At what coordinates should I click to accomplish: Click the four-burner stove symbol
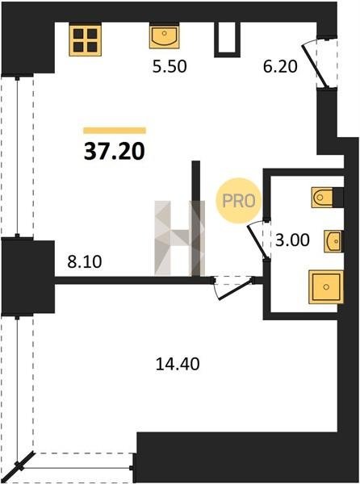pyautogui.click(x=86, y=40)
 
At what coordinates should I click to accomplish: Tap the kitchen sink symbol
pyautogui.click(x=164, y=37)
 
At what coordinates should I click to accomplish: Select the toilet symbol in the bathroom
pyautogui.click(x=323, y=198)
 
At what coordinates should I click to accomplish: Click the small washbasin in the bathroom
pyautogui.click(x=333, y=241)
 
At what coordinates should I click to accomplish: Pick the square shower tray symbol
pyautogui.click(x=326, y=286)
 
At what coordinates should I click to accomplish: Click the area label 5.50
pyautogui.click(x=170, y=66)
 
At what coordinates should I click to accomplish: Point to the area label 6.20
pyautogui.click(x=280, y=66)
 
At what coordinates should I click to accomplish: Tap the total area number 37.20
pyautogui.click(x=115, y=152)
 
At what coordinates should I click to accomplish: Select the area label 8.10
pyautogui.click(x=85, y=262)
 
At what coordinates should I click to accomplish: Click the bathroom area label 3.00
pyautogui.click(x=292, y=240)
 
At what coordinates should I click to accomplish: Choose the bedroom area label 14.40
pyautogui.click(x=178, y=364)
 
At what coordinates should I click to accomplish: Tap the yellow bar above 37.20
pyautogui.click(x=115, y=131)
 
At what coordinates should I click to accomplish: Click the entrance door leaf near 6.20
pyautogui.click(x=313, y=65)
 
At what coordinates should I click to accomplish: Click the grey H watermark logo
pyautogui.click(x=180, y=237)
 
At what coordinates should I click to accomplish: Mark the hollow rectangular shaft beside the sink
pyautogui.click(x=228, y=40)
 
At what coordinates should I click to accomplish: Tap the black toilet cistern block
pyautogui.click(x=338, y=198)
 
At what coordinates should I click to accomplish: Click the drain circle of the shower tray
pyautogui.click(x=326, y=287)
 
